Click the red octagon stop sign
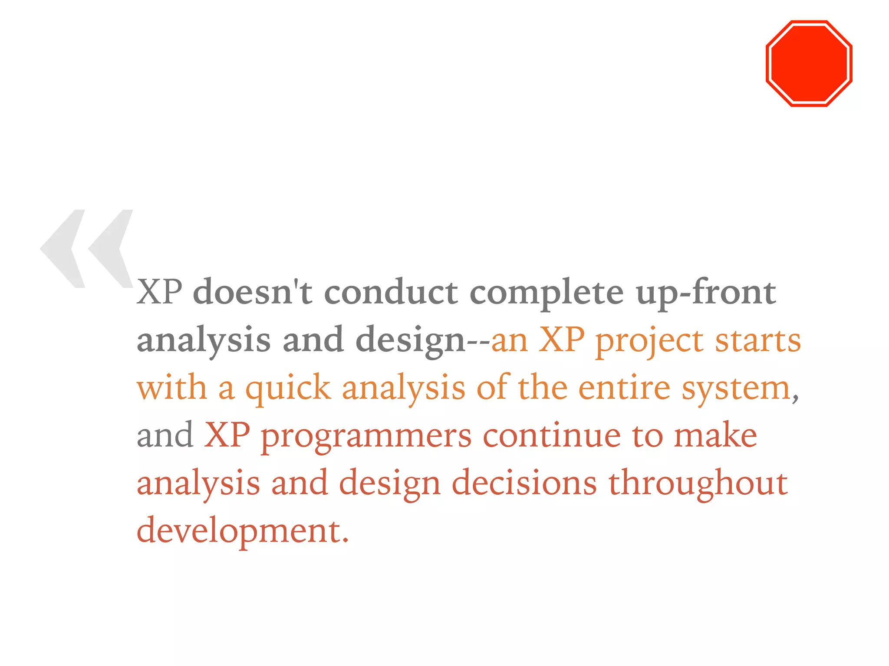coord(809,63)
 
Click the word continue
coord(552,435)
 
